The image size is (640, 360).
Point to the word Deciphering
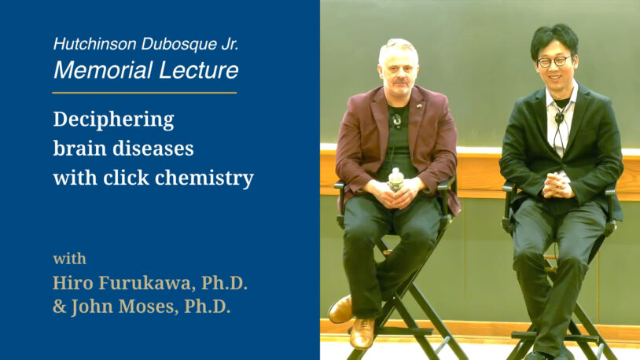[113, 120]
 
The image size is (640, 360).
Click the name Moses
[145, 307]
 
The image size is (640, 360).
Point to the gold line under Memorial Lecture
[144, 93]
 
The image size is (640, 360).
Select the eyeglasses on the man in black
[554, 61]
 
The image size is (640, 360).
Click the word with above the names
[69, 259]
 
